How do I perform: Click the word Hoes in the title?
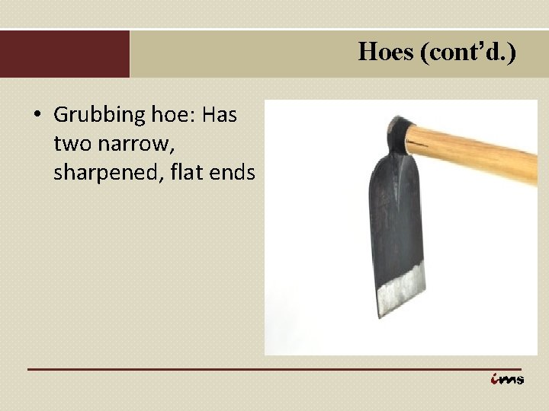tap(386, 52)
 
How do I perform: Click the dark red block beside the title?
tap(65, 53)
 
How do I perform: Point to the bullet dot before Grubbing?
tap(36, 116)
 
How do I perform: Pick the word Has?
tap(220, 115)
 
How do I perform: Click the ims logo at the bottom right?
tap(507, 379)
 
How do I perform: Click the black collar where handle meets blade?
tap(398, 132)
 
